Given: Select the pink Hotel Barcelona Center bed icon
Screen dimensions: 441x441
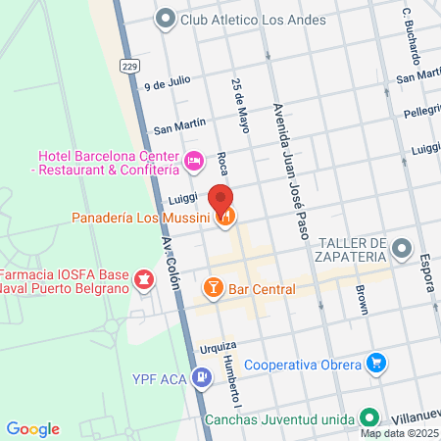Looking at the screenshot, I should click(194, 158).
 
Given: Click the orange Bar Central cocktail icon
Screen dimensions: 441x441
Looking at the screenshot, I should click(211, 289).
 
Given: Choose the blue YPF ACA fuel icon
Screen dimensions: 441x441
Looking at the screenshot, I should click(200, 376).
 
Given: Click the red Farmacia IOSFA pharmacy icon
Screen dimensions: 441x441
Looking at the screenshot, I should click(145, 281).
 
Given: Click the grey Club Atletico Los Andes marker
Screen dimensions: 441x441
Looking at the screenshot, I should click(165, 17).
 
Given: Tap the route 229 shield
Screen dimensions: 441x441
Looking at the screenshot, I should click(130, 65).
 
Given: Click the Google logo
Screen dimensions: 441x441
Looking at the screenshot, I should click(32, 428).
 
